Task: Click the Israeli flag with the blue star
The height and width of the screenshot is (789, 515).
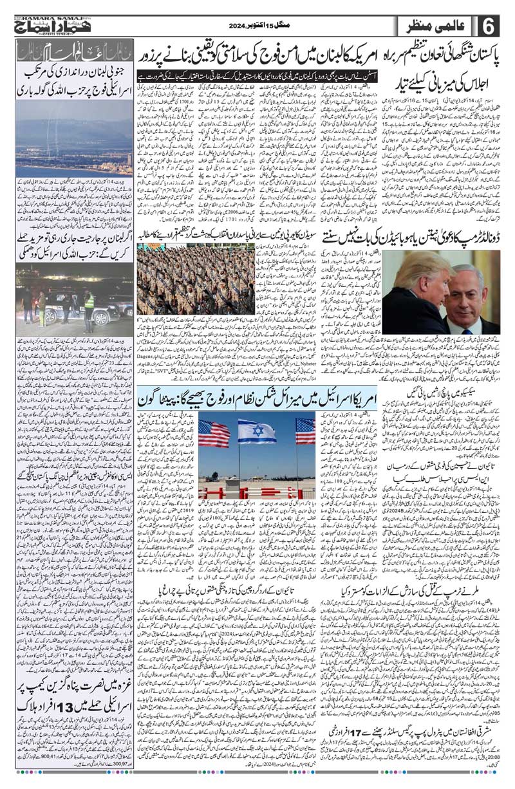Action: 256,431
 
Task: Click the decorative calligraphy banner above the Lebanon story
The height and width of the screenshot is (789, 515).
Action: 74,50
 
